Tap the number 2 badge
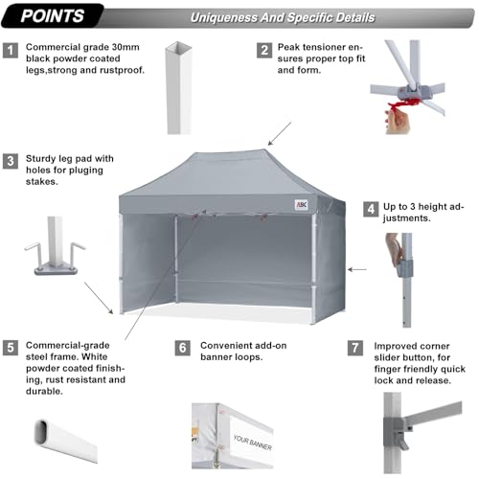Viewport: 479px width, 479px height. pyautogui.click(x=263, y=49)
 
